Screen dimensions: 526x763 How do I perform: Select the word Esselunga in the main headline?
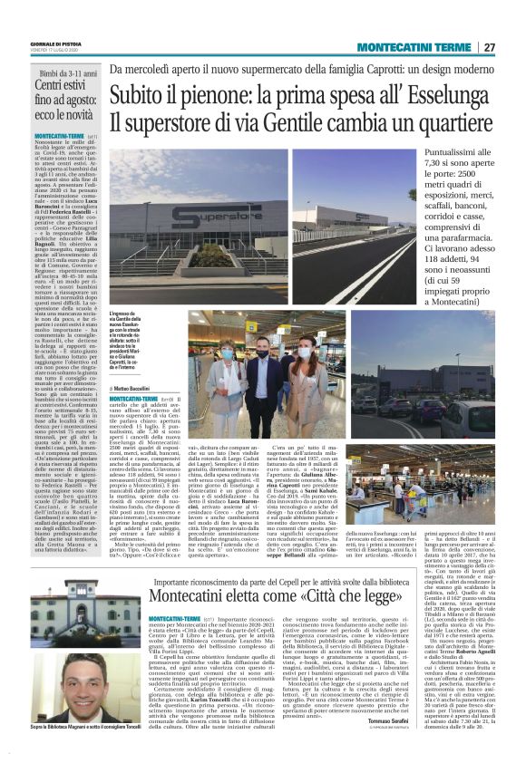coord(447,94)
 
